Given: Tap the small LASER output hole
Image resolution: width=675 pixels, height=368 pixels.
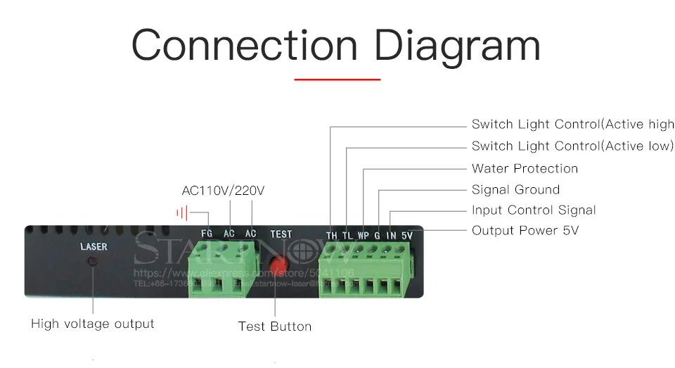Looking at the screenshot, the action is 93,262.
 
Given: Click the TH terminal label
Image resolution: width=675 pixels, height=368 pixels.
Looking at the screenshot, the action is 331,236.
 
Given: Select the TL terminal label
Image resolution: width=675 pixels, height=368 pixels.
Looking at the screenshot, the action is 347,236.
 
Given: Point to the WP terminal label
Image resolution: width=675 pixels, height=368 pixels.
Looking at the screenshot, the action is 363,236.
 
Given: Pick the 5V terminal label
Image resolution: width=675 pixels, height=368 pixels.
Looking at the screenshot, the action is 406,236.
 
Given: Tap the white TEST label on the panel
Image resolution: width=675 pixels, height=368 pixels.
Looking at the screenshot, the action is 281,234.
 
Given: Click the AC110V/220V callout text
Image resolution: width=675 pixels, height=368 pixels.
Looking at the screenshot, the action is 223,191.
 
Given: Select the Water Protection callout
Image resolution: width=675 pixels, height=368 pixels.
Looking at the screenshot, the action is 525,169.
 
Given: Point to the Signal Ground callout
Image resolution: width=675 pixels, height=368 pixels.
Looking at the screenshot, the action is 515,190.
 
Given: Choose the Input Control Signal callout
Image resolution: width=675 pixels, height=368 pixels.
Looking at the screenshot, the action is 534,210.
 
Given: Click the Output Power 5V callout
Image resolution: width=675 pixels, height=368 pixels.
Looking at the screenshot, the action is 525,231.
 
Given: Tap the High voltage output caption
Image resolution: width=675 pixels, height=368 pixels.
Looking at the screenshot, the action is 93,324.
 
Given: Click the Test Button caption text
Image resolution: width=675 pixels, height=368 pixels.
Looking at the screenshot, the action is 274,326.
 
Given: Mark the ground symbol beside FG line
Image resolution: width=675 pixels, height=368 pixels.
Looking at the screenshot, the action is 182,212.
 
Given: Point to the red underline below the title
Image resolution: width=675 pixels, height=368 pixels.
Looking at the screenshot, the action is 337,80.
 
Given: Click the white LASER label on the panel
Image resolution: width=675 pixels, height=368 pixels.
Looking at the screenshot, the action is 94,247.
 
